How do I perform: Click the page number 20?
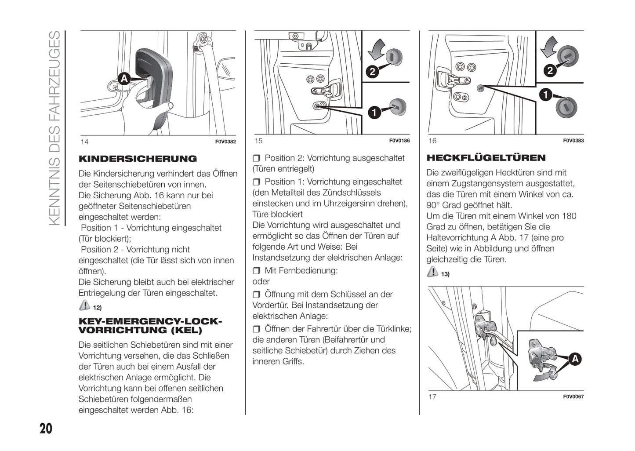coord(46,428)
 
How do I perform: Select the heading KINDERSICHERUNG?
coord(138,159)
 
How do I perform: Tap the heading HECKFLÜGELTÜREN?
coord(486,158)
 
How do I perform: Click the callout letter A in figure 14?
coord(124,79)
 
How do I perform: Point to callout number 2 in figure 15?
coord(372,71)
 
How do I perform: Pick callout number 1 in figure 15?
coord(374,113)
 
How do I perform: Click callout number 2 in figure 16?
coord(550,70)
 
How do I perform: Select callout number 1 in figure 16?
coord(545,95)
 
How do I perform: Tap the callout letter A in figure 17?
coord(575,359)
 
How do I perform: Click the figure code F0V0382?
coord(225,142)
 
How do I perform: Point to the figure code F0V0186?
coord(399,141)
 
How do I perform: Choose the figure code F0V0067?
coord(573,396)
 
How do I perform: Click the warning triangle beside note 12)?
coord(84,305)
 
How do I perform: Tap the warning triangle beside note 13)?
coord(432,272)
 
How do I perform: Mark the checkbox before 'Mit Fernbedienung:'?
coord(257,271)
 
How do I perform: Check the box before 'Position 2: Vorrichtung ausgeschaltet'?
coord(257,158)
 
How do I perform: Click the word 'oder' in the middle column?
coord(261,281)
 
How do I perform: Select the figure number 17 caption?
coord(432,396)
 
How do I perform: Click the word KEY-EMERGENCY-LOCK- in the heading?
coord(150,322)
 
